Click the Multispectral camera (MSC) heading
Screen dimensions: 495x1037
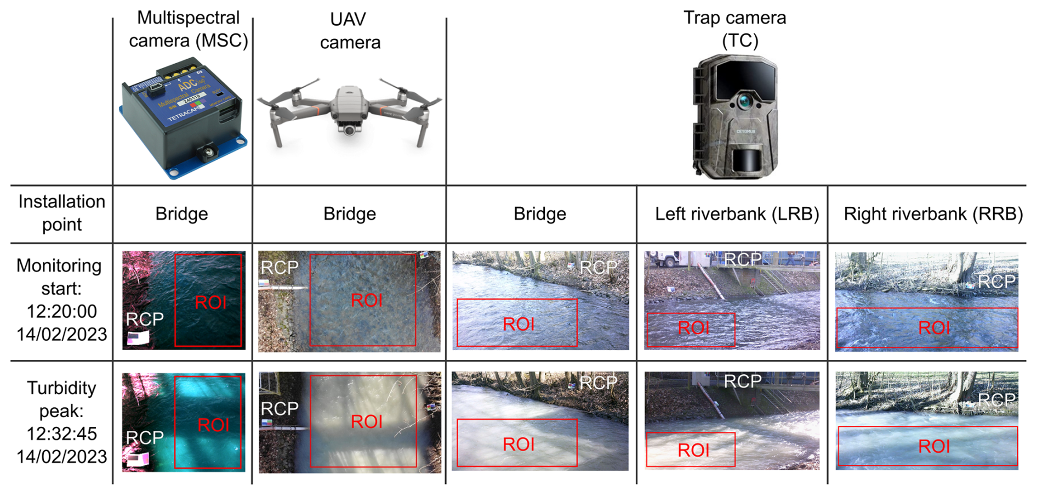[188, 29]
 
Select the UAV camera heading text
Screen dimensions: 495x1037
[350, 31]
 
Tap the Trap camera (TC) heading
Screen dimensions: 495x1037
[734, 29]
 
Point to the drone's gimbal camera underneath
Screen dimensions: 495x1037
[349, 130]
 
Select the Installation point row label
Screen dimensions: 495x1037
[61, 213]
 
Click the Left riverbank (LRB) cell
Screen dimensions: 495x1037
[737, 214]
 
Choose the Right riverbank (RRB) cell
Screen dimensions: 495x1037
[933, 214]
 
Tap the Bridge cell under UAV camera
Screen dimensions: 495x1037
[349, 214]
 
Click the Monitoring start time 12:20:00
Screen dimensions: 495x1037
[61, 311]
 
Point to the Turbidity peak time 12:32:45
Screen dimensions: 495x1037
[61, 434]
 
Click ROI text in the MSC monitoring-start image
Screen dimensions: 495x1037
[210, 302]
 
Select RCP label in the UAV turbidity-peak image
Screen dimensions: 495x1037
[280, 409]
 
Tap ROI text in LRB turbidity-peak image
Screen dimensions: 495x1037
[693, 451]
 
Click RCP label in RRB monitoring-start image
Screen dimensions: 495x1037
[996, 282]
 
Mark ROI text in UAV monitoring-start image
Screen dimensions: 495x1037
[367, 300]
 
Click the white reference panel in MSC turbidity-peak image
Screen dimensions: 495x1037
[137, 459]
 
